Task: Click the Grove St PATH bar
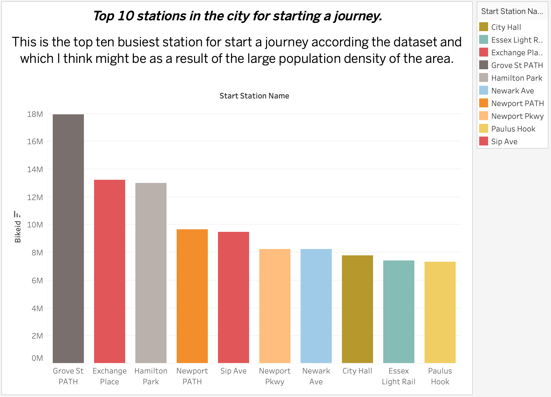(x=68, y=238)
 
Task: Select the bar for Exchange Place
(x=110, y=271)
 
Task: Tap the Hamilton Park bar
(x=151, y=273)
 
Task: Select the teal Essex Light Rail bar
(x=399, y=312)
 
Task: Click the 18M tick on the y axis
(x=35, y=114)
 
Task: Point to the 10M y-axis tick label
(x=35, y=225)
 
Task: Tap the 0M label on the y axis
(x=37, y=358)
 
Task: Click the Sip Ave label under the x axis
(x=234, y=371)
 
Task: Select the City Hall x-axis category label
(x=357, y=371)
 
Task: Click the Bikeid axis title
(x=18, y=232)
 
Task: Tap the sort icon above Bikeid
(x=17, y=214)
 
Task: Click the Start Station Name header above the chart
(x=254, y=96)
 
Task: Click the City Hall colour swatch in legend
(x=484, y=27)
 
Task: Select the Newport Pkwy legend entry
(x=517, y=116)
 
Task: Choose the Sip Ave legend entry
(x=504, y=142)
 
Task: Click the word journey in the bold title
(x=357, y=16)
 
